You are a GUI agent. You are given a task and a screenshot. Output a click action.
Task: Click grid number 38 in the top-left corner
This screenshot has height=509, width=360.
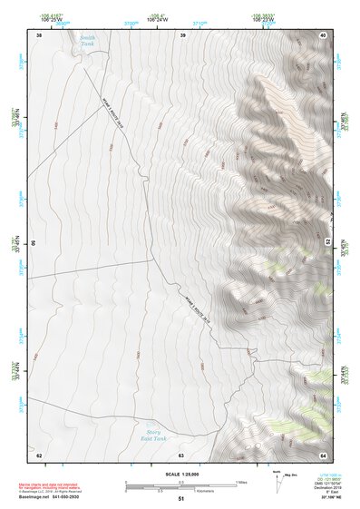[39, 34]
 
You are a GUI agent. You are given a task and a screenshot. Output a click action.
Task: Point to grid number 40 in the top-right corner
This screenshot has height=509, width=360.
[323, 34]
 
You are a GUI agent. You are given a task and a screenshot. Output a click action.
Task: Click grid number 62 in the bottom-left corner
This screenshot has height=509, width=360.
[39, 455]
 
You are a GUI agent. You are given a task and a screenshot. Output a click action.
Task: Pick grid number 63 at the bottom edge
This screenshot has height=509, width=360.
[181, 455]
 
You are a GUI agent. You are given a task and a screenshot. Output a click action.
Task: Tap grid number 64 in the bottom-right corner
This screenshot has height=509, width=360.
[323, 455]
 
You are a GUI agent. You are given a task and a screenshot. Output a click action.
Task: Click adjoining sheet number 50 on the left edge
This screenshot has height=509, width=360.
[33, 244]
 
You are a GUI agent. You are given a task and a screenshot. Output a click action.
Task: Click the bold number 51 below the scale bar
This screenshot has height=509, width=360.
[181, 499]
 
